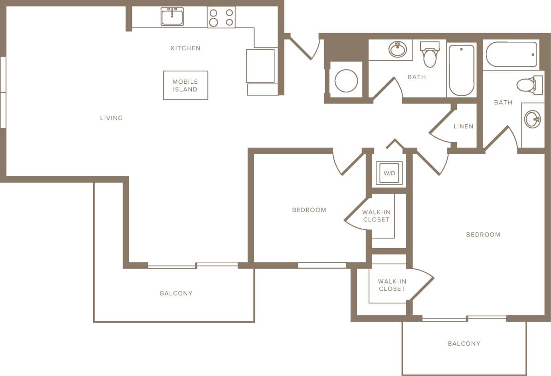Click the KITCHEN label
tap(185, 48)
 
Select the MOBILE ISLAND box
tap(185, 85)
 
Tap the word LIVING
tap(112, 118)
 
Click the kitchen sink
tap(172, 17)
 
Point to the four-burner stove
tap(221, 17)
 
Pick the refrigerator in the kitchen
tap(260, 66)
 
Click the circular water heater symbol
tap(346, 81)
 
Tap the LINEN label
tap(463, 127)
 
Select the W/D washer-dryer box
tap(389, 173)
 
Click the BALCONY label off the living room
tap(176, 293)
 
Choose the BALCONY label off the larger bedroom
tap(464, 343)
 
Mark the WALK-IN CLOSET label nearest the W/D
tap(376, 216)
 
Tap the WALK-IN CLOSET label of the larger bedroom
tap(391, 285)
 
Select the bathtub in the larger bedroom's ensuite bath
tap(511, 54)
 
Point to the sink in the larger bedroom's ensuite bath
tap(533, 119)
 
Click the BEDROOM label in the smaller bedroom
tap(309, 210)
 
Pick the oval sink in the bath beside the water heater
tap(397, 49)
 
